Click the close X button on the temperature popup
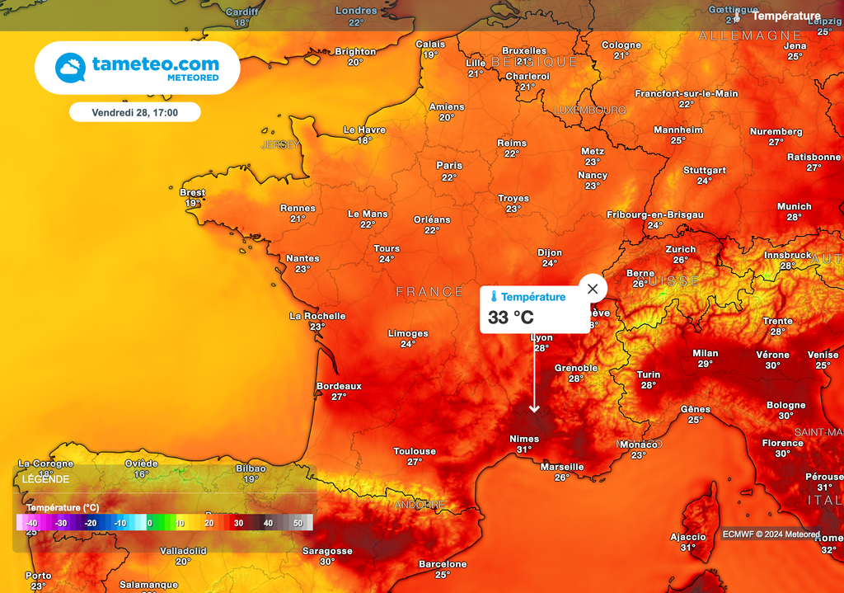[x=592, y=289]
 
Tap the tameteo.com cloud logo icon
[x=71, y=67]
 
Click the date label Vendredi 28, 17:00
[x=134, y=111]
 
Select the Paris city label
[x=449, y=166]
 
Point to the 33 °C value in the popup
[x=511, y=318]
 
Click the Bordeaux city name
[x=339, y=386]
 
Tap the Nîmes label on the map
[x=524, y=439]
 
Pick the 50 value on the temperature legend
[x=298, y=523]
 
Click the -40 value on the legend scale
[x=31, y=523]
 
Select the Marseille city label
[x=562, y=467]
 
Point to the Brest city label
[x=192, y=193]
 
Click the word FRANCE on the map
[x=429, y=292]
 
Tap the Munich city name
[x=794, y=207]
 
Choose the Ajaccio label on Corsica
[x=687, y=537]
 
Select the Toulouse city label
[x=415, y=451]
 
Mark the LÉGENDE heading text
[x=46, y=479]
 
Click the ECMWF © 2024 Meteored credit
[x=771, y=534]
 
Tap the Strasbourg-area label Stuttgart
[x=704, y=171]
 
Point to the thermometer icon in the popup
[x=493, y=297]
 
